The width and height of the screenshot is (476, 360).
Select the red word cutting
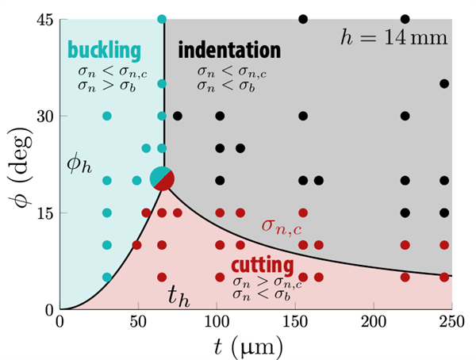point(263,265)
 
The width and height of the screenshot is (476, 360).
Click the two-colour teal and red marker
point(162,179)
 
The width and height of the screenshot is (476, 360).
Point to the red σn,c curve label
point(281,226)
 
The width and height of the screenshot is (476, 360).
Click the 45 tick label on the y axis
point(43,20)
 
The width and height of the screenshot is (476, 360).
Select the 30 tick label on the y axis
point(43,116)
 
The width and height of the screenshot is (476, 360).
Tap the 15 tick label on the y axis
point(43,213)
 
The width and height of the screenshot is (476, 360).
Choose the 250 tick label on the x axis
point(451,323)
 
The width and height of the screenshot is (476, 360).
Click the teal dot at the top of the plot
point(162,19)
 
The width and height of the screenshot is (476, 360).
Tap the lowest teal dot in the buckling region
point(107,277)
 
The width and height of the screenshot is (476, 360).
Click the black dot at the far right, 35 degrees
point(444,83)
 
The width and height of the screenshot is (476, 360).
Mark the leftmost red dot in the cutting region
point(136,244)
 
